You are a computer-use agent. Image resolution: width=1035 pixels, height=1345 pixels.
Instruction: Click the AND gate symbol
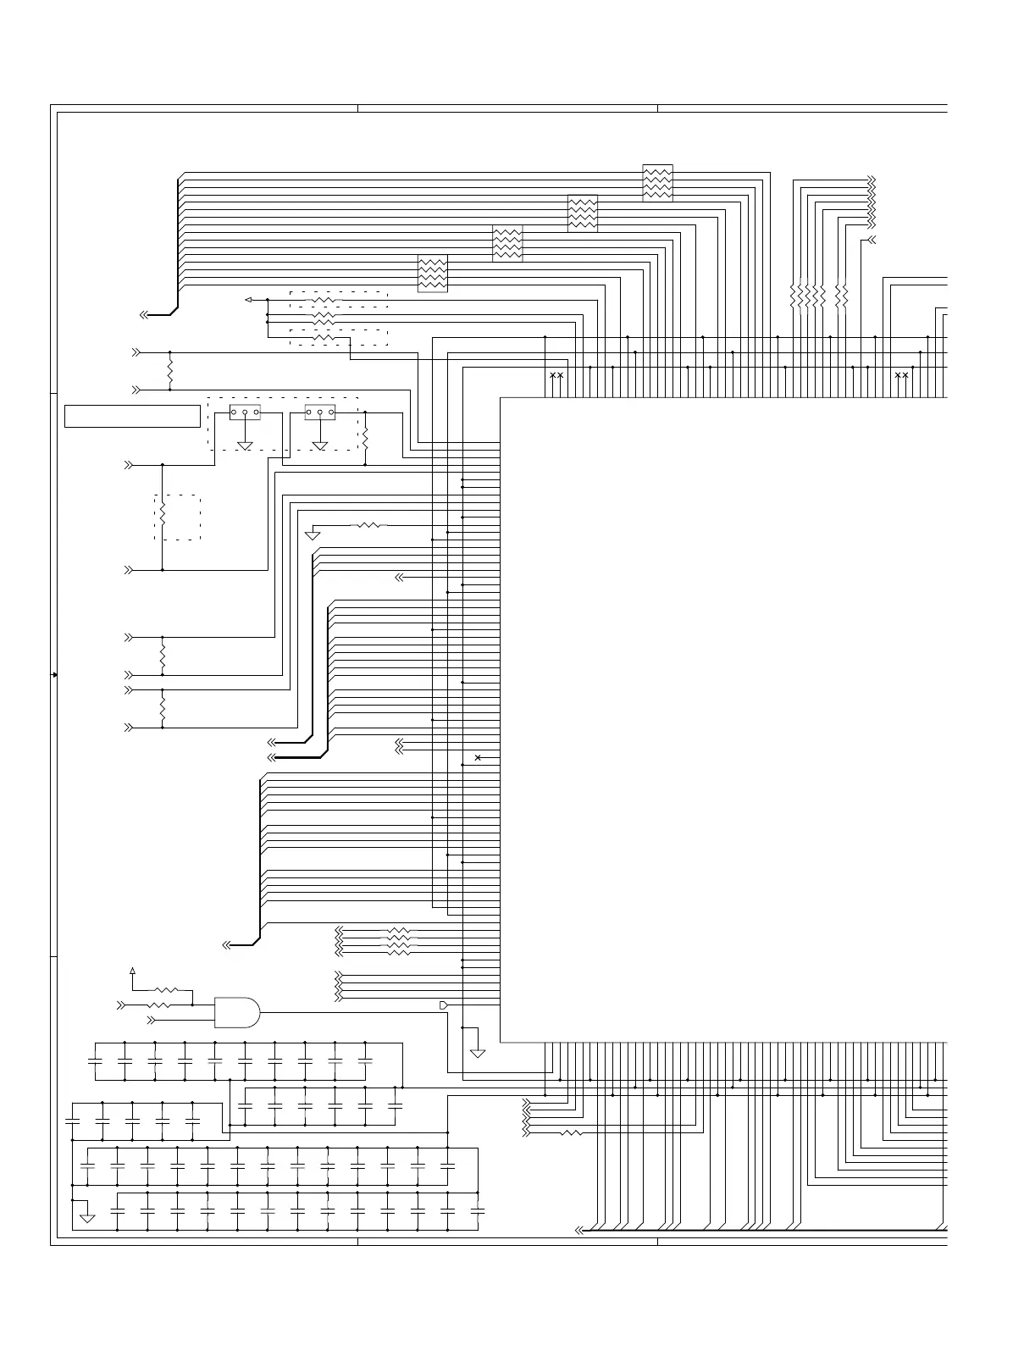pos(237,1011)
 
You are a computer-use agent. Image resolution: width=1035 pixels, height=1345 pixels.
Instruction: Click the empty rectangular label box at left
pos(132,417)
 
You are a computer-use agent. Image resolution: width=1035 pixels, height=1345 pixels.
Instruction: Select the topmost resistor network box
pos(657,183)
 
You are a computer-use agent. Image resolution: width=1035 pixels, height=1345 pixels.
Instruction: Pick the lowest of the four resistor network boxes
pos(433,274)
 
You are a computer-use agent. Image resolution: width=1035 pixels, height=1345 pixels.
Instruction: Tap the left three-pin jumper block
pos(245,412)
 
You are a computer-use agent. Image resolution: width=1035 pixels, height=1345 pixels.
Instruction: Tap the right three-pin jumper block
pos(319,412)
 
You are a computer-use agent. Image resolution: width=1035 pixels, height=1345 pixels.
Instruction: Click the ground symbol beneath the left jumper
pos(245,446)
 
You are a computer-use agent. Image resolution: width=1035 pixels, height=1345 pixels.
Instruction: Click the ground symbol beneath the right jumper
pos(319,446)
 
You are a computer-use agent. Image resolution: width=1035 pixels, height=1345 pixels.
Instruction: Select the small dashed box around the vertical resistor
pos(177,518)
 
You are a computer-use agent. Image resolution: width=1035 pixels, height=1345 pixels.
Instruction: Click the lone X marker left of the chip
pos(478,757)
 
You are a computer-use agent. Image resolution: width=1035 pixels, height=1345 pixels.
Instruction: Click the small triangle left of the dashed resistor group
pos(248,300)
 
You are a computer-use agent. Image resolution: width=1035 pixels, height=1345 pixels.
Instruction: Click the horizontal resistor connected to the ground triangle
pos(369,526)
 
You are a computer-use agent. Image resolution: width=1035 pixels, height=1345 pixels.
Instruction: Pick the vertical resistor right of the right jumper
pos(365,439)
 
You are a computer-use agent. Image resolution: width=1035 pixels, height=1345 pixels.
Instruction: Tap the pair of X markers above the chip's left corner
pos(556,375)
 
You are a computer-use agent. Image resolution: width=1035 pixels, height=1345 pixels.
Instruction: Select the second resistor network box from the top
pos(583,213)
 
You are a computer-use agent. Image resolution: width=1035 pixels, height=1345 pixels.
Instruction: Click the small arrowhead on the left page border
pos(55,674)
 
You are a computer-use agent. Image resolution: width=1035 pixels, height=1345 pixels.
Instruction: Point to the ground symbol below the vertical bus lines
pos(478,1053)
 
